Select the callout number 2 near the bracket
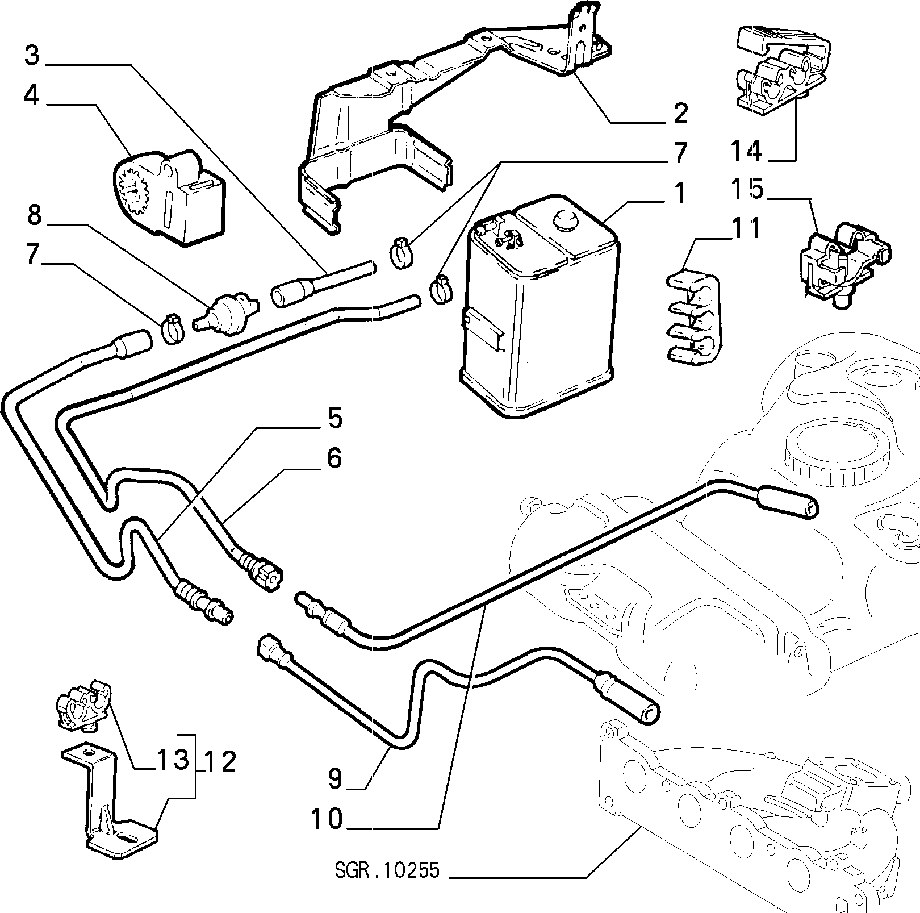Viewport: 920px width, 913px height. [x=679, y=113]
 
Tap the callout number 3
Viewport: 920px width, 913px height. [x=32, y=56]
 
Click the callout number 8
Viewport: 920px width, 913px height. [x=35, y=216]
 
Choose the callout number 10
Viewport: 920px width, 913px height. [x=327, y=819]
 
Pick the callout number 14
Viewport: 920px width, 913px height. [x=746, y=151]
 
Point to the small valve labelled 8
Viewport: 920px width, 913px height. [x=227, y=312]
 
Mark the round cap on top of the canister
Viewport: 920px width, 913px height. [x=564, y=220]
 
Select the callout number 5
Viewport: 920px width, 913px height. [x=334, y=418]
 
